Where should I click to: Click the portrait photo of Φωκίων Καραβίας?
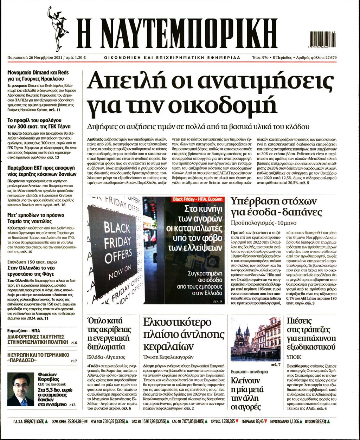pyautogui.click(x=20, y=389)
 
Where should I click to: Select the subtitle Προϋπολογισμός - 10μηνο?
pyautogui.click(x=259, y=223)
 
